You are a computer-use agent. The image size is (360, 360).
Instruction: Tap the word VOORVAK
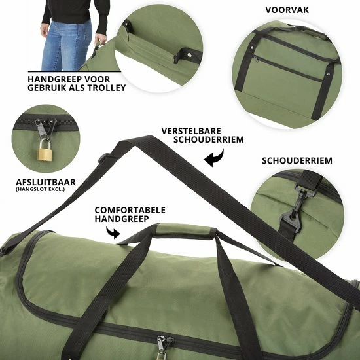click(x=287, y=10)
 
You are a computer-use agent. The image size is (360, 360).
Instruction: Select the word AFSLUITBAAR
click(x=46, y=183)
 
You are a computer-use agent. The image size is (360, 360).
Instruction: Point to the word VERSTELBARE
click(x=191, y=131)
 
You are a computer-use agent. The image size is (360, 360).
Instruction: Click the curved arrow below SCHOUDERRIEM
click(x=214, y=158)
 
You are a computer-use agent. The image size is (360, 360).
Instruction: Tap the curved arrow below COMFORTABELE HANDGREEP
click(x=113, y=232)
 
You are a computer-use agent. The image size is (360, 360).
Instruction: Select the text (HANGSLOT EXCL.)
click(x=40, y=189)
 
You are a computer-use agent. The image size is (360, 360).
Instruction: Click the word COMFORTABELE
click(x=130, y=210)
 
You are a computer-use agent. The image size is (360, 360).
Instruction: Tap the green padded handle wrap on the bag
click(x=185, y=232)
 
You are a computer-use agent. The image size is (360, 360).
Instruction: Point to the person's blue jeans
click(x=66, y=45)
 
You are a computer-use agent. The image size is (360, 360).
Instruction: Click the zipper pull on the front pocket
click(x=255, y=58)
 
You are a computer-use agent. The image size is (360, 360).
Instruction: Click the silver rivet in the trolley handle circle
click(x=190, y=54)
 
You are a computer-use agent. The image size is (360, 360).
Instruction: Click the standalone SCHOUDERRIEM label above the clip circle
click(x=297, y=161)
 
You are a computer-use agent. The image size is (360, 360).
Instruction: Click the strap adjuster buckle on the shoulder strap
click(x=104, y=158)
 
